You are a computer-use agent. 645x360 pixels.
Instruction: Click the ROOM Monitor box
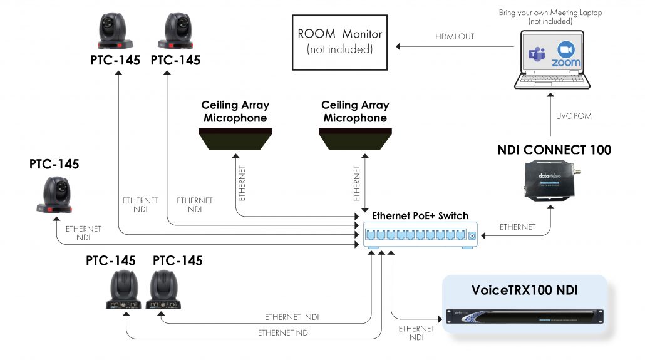pyautogui.click(x=339, y=41)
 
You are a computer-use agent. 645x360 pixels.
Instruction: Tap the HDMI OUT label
pyautogui.click(x=455, y=37)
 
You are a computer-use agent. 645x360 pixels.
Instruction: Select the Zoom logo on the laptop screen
pyautogui.click(x=566, y=56)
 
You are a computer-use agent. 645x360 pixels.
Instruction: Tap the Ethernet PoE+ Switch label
pyautogui.click(x=420, y=216)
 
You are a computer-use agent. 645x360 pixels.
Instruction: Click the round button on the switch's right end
pyautogui.click(x=472, y=236)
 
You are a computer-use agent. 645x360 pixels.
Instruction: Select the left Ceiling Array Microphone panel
pyautogui.click(x=234, y=138)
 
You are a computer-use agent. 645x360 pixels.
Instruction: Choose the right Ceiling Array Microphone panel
pyautogui.click(x=355, y=138)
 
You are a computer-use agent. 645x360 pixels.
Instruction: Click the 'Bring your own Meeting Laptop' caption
pyautogui.click(x=550, y=13)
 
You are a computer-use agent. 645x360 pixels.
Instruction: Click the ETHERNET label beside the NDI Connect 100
pyautogui.click(x=518, y=227)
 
